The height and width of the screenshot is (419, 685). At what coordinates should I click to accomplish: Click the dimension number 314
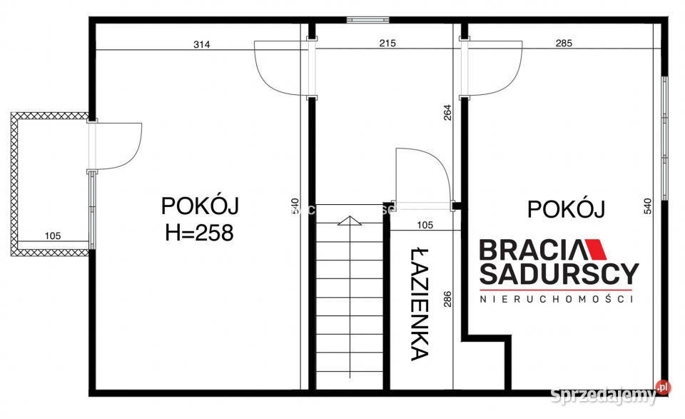(202, 44)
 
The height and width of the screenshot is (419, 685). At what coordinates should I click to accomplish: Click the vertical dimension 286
(448, 298)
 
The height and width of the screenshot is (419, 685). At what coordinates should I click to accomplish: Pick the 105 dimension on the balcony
(53, 236)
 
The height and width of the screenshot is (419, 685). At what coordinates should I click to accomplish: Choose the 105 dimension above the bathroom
(425, 225)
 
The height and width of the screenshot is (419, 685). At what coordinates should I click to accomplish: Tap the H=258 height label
(199, 233)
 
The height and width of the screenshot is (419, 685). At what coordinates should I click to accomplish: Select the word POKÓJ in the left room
(200, 206)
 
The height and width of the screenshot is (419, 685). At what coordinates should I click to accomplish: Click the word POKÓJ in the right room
(566, 209)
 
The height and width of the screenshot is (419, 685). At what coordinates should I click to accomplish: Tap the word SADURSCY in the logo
(558, 273)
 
